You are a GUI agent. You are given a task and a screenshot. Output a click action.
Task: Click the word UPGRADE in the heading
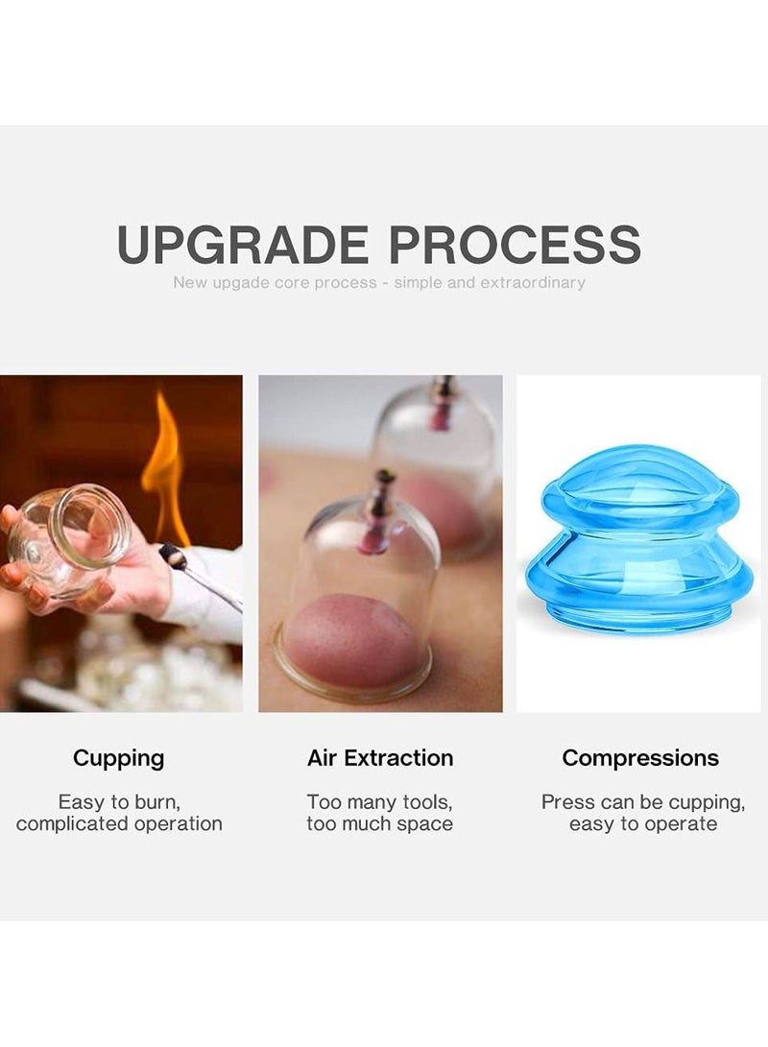[242, 245]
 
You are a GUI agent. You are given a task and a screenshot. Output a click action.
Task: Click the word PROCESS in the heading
[515, 245]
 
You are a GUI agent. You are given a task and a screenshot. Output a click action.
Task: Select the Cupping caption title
[119, 758]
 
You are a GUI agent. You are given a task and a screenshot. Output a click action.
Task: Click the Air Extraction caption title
[380, 758]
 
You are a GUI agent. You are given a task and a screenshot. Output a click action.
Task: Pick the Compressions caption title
[640, 758]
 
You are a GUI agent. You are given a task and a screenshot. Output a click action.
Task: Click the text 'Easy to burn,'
[119, 801]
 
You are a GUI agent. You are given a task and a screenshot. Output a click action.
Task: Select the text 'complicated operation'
[119, 823]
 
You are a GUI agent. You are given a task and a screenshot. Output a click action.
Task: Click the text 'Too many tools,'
[380, 801]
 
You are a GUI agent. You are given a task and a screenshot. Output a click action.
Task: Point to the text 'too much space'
[380, 823]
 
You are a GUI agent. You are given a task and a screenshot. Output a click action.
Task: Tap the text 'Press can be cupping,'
[642, 801]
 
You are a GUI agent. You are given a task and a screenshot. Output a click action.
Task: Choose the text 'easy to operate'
[642, 823]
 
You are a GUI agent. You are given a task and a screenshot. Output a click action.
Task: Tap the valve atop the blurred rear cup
[444, 398]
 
